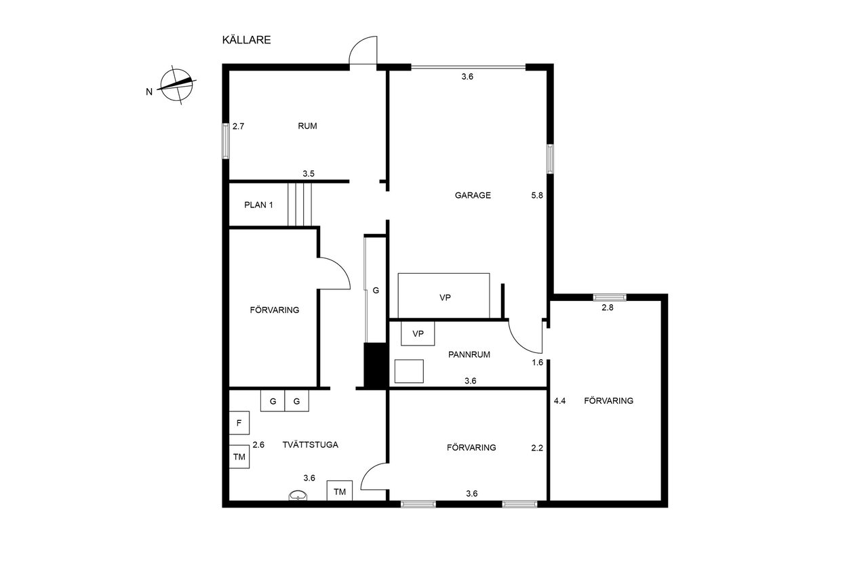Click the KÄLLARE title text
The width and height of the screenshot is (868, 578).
[246, 40]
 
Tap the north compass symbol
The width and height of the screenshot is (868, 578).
[177, 85]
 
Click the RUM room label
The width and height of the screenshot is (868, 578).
[307, 126]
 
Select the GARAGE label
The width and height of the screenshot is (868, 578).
[473, 195]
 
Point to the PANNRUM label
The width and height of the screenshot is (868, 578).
[469, 354]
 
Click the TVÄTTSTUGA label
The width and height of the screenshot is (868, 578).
[310, 445]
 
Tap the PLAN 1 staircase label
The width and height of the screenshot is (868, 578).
[258, 205]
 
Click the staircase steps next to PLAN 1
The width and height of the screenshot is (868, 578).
[300, 205]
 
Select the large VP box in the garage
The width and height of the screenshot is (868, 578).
[443, 295]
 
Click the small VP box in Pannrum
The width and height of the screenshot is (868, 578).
[418, 333]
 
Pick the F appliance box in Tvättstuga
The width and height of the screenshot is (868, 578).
[239, 423]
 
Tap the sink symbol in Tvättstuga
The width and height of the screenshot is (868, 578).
[298, 495]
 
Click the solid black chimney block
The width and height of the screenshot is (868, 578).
[376, 365]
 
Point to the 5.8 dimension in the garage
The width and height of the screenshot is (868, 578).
[536, 196]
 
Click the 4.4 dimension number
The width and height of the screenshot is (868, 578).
[559, 401]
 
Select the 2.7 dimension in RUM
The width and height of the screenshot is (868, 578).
[238, 126]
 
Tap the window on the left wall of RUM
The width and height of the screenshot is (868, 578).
[226, 141]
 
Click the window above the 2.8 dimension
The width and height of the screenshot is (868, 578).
[610, 297]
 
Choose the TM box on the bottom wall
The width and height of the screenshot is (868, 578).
[340, 491]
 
